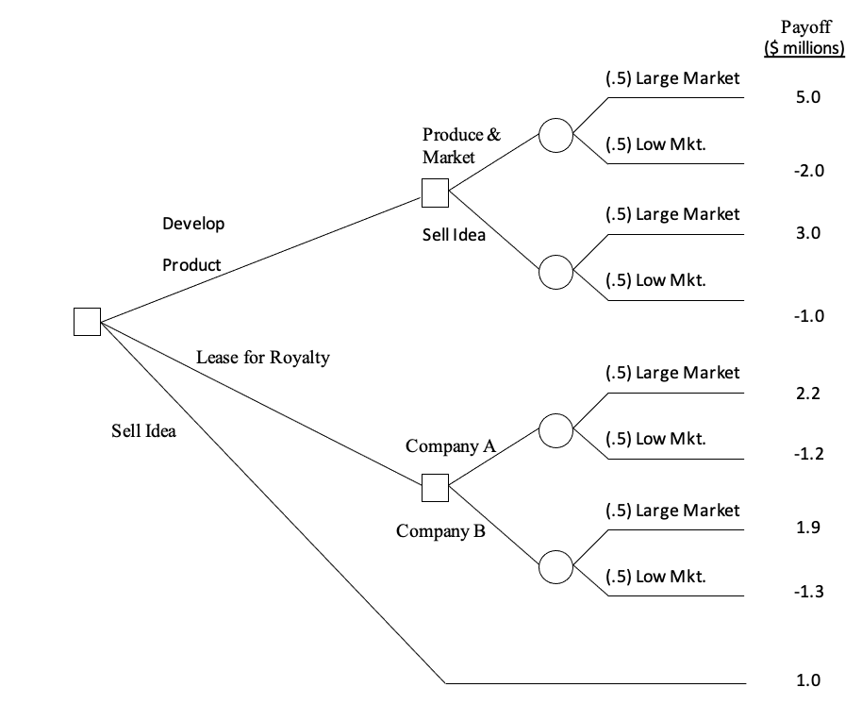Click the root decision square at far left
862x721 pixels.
[87, 321]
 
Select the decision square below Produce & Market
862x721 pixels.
[435, 193]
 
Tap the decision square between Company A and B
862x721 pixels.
[435, 488]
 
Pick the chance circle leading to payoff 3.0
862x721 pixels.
[555, 273]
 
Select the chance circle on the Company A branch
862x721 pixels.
[555, 430]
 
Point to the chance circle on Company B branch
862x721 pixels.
[555, 566]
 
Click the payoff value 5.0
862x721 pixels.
[809, 97]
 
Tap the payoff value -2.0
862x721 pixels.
[809, 171]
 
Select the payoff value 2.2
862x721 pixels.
[809, 394]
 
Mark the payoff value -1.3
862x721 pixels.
[809, 592]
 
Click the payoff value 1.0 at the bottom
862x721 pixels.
[809, 680]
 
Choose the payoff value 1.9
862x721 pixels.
[809, 527]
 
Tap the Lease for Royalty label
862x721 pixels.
[263, 358]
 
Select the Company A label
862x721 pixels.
[451, 445]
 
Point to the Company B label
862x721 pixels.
[441, 531]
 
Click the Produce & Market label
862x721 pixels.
[461, 145]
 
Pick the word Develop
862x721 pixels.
[193, 224]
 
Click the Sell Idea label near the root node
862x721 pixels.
[143, 431]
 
